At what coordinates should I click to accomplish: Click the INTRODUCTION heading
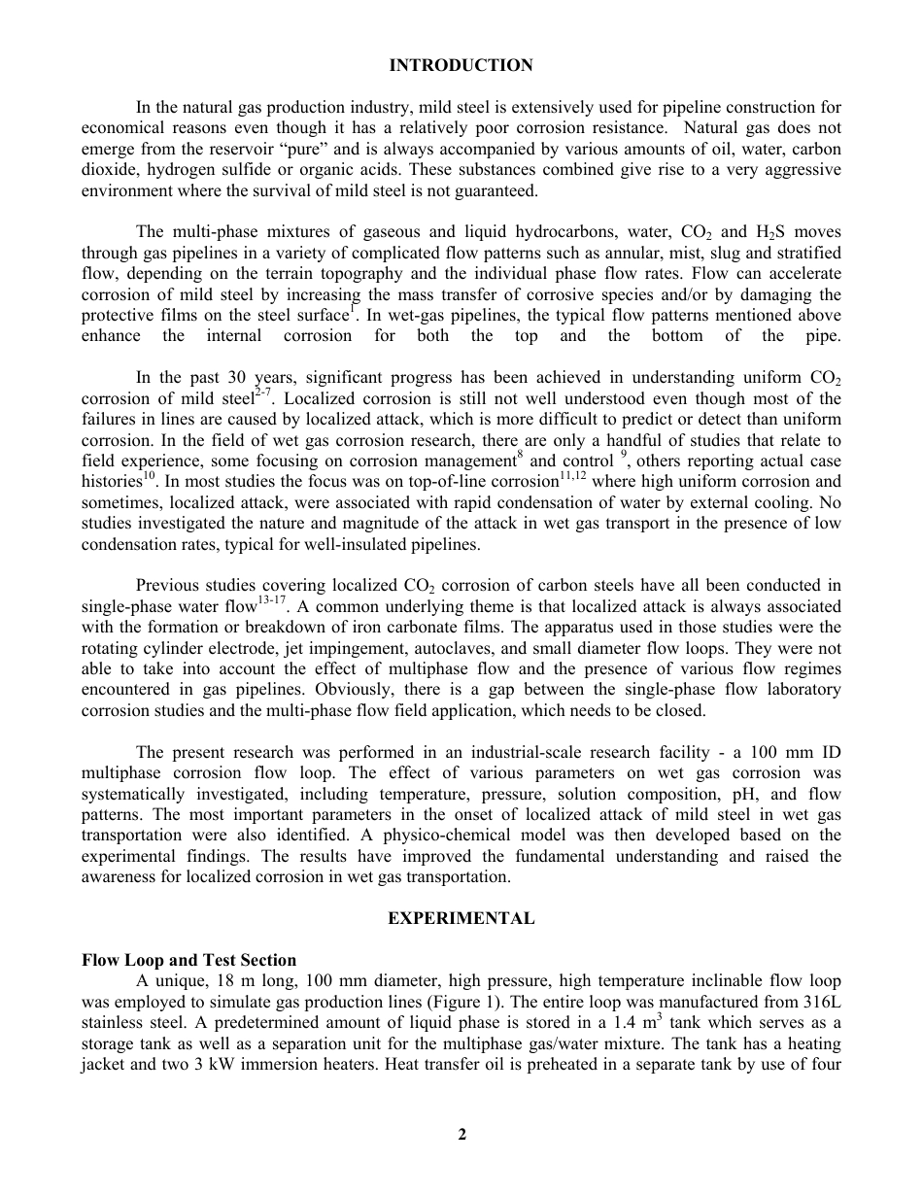[461, 66]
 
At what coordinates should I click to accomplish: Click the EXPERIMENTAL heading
[461, 918]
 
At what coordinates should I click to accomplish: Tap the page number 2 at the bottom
[462, 1134]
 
